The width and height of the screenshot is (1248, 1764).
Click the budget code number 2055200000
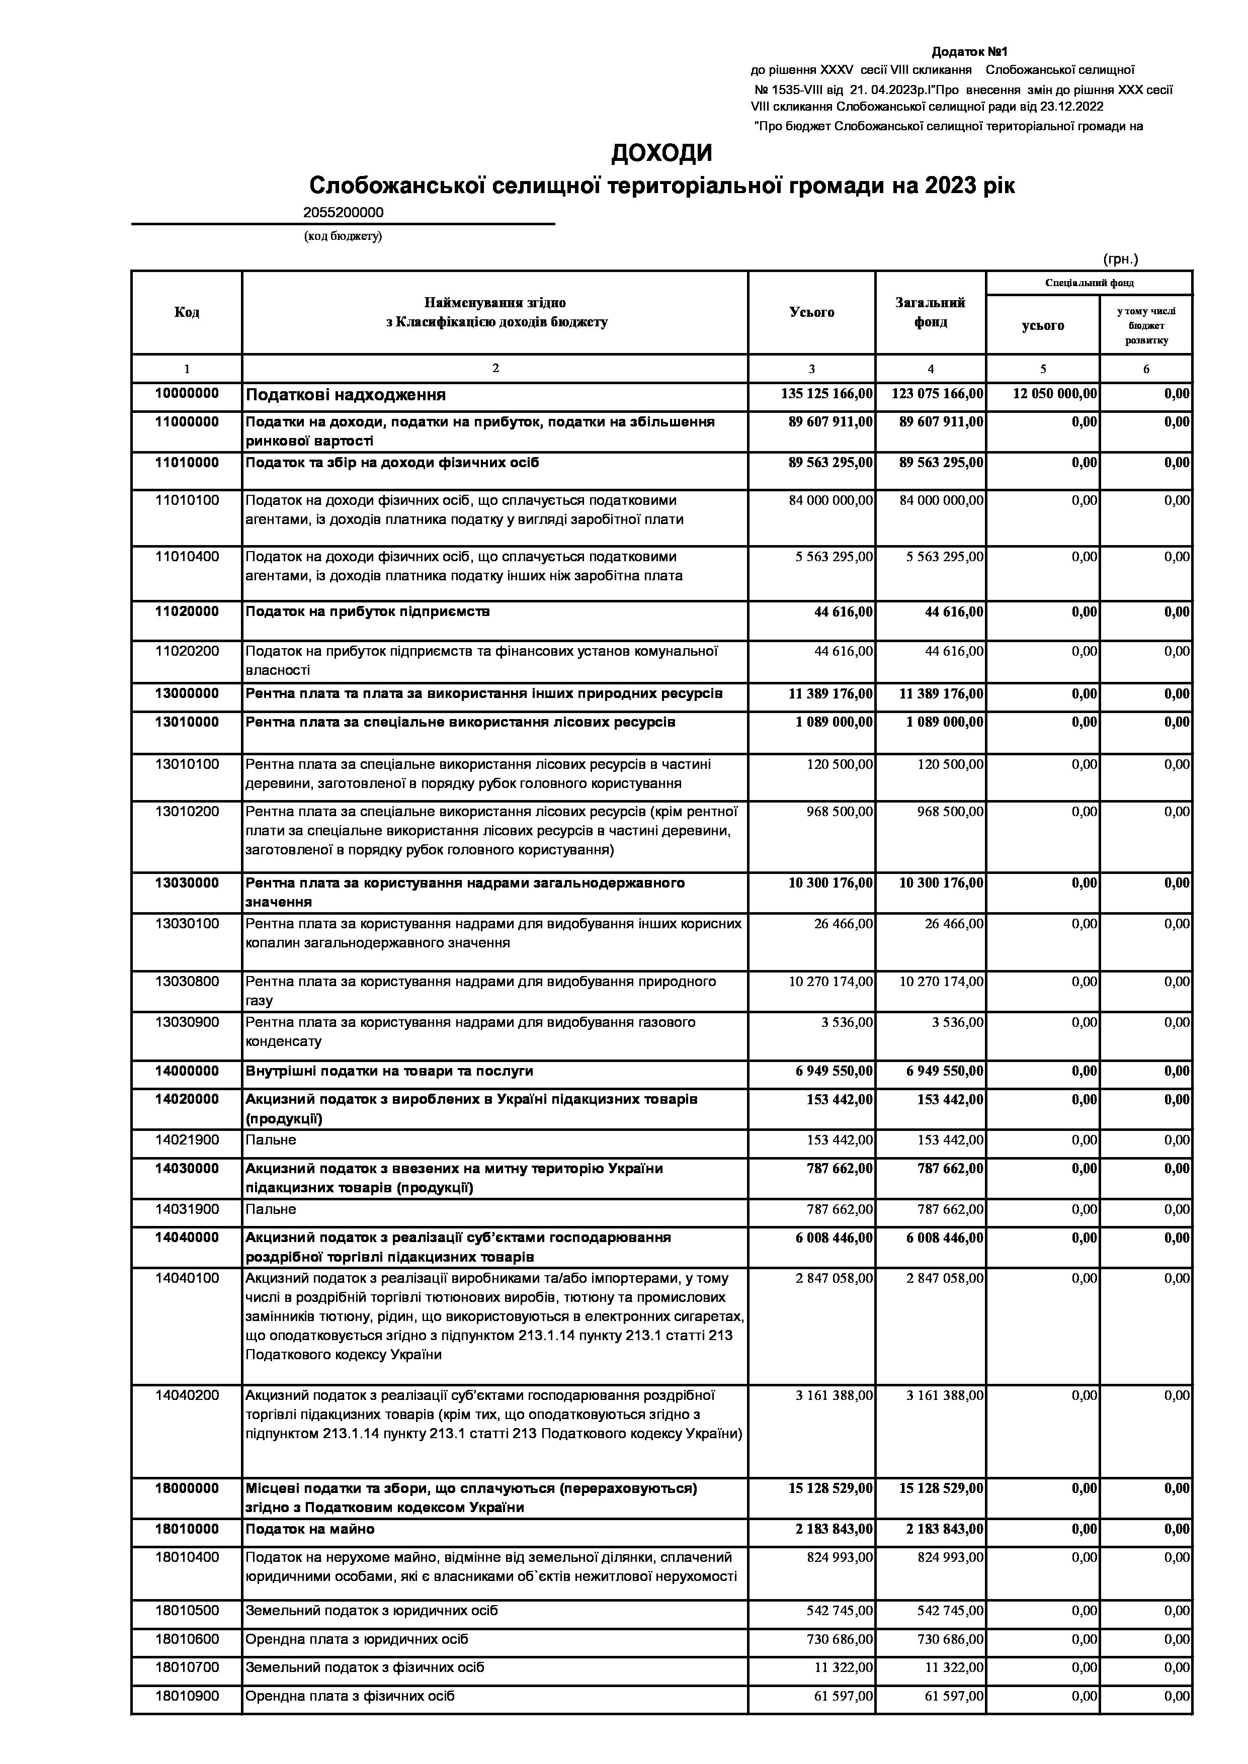pos(344,213)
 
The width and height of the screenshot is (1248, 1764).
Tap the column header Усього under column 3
pos(811,312)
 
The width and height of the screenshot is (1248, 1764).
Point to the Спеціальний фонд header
pos(1089,283)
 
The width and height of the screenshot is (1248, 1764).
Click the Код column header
pos(187,312)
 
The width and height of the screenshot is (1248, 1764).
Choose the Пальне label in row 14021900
pos(271,1140)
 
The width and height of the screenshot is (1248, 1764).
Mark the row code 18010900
pos(187,1696)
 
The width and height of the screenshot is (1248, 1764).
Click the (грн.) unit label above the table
pos(1120,259)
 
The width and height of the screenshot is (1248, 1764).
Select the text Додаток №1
pos(969,52)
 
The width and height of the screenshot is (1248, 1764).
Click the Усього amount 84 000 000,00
pos(830,501)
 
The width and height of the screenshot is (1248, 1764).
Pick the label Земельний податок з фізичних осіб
pos(364,1667)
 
